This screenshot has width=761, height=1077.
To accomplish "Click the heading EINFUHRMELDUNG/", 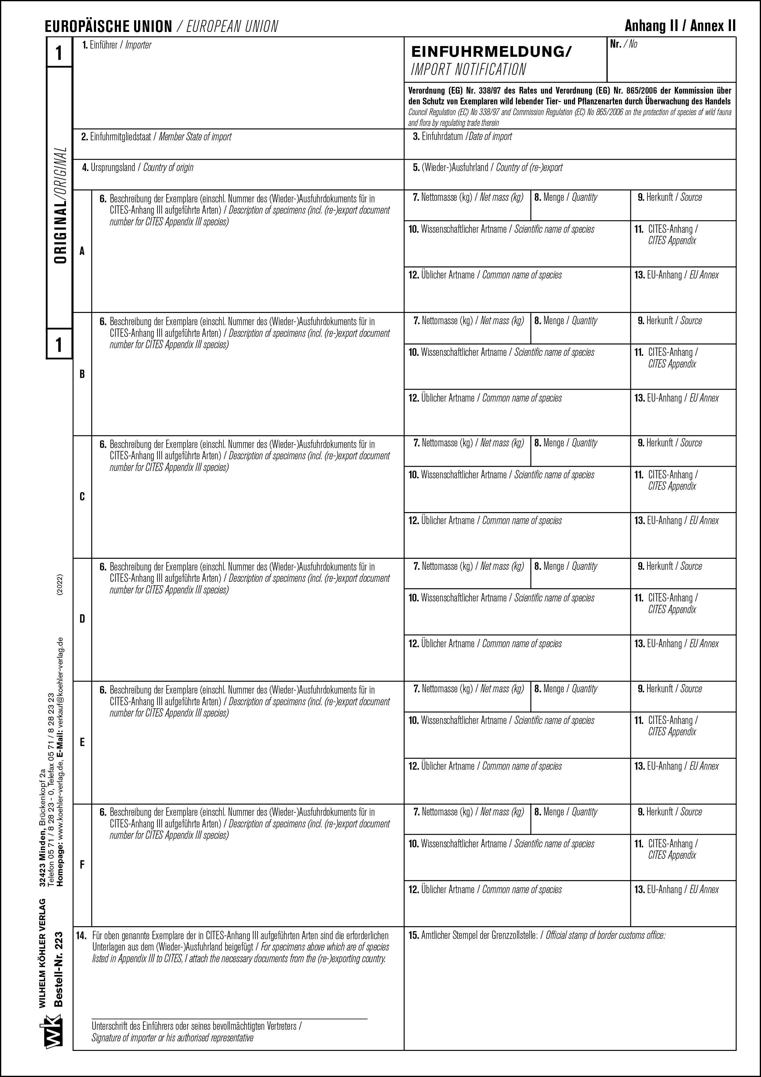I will pyautogui.click(x=491, y=52).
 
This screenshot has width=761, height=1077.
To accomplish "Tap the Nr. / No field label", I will pyautogui.click(x=624, y=44).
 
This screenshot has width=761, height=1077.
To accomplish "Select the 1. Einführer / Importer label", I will pyautogui.click(x=117, y=45).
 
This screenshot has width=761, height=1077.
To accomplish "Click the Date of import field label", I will pyautogui.click(x=462, y=137).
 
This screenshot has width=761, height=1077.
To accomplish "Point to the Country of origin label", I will pyautogui.click(x=137, y=167).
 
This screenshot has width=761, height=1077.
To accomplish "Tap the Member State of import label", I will pyautogui.click(x=156, y=137).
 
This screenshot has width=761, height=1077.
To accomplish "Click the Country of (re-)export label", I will pyautogui.click(x=488, y=167).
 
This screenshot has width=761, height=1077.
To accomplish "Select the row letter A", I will pyautogui.click(x=82, y=251).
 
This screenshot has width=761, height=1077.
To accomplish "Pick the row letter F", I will pyautogui.click(x=82, y=865).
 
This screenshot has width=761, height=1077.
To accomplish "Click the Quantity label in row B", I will pyautogui.click(x=566, y=321).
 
